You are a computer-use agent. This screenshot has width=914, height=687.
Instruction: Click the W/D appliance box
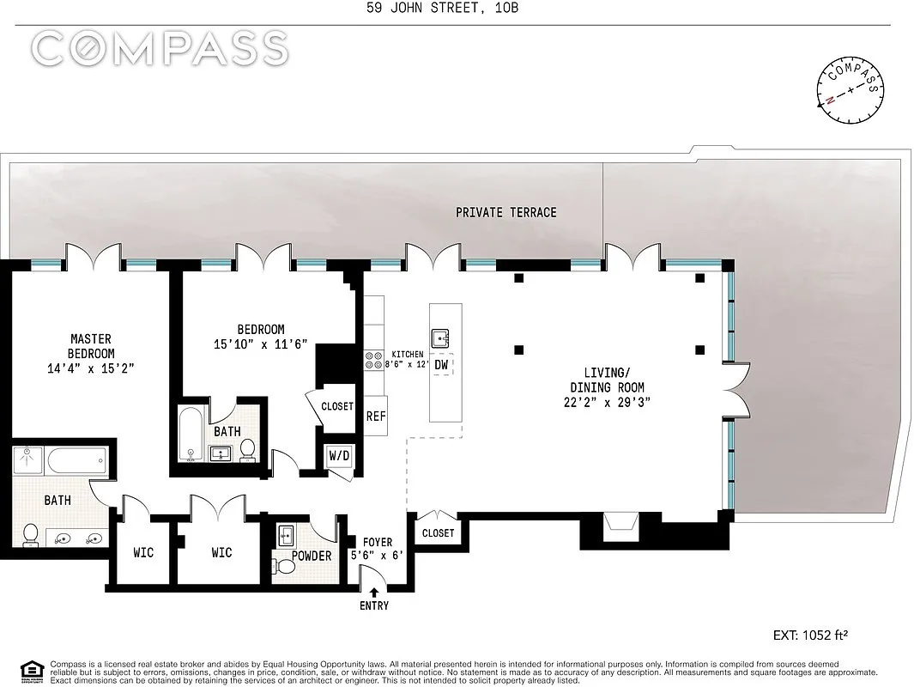[339, 455]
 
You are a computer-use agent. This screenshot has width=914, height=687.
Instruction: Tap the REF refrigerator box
[376, 416]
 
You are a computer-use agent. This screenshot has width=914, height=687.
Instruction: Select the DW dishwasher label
[441, 365]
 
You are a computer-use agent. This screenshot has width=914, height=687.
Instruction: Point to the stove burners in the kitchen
[375, 359]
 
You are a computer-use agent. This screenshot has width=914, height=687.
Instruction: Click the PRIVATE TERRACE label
[505, 212]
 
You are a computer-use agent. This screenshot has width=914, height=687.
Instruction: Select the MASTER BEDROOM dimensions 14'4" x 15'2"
[91, 368]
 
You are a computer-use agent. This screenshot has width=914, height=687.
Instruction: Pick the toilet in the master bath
[31, 536]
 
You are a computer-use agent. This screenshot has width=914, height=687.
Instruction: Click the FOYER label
[378, 542]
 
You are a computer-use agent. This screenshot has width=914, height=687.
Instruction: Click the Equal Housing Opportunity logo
[31, 670]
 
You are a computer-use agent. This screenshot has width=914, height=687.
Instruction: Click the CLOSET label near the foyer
[438, 532]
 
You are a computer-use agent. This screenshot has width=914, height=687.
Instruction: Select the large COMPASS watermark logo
[160, 49]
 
